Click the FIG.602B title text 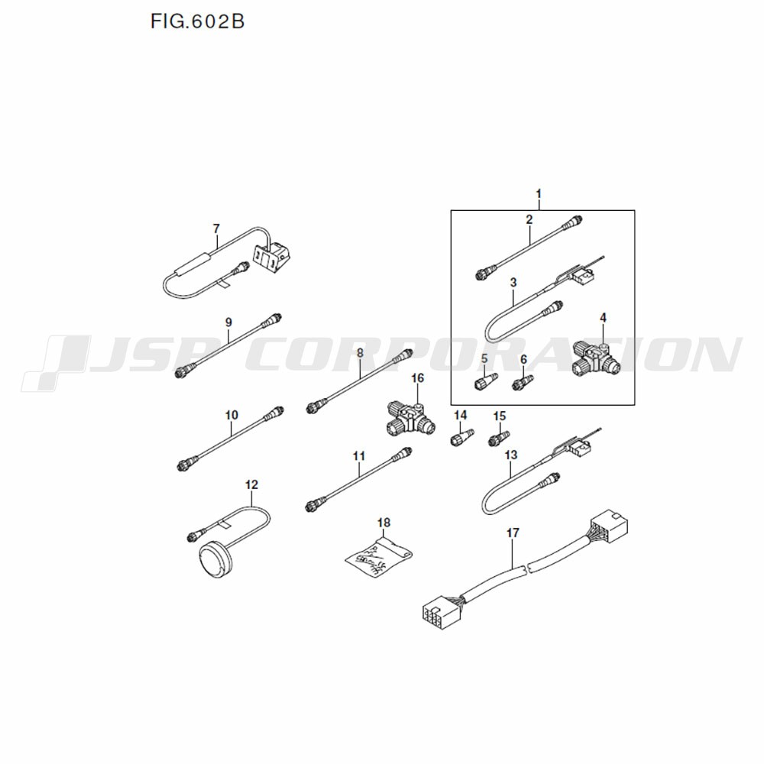pyautogui.click(x=197, y=21)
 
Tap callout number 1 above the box pyautogui.click(x=539, y=194)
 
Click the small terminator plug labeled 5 pyautogui.click(x=486, y=380)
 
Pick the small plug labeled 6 pyautogui.click(x=523, y=382)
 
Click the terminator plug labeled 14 pyautogui.click(x=461, y=436)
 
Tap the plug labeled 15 pyautogui.click(x=499, y=438)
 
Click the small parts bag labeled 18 pyautogui.click(x=379, y=558)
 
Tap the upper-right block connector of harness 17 pyautogui.click(x=609, y=526)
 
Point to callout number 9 pyautogui.click(x=228, y=322)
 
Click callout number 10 pyautogui.click(x=231, y=415)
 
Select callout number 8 pyautogui.click(x=360, y=353)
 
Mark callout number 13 pyautogui.click(x=510, y=455)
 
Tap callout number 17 pyautogui.click(x=513, y=533)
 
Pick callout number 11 pyautogui.click(x=359, y=456)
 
